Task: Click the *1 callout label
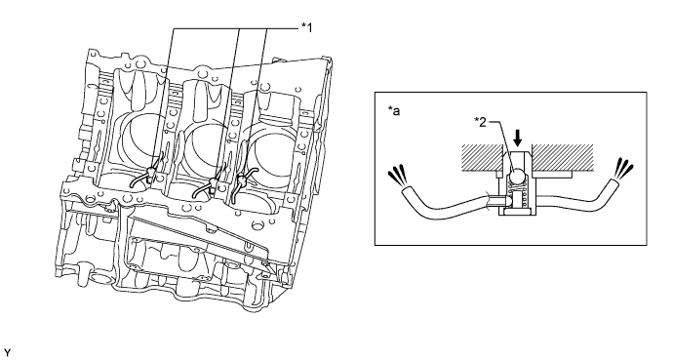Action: tap(307, 28)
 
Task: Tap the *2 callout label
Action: tap(480, 122)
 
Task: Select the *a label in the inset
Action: tap(394, 111)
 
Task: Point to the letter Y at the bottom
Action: tap(6, 353)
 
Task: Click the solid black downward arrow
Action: tap(518, 138)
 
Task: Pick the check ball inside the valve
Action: tap(516, 176)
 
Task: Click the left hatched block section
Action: tap(482, 157)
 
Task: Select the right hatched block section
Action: tap(562, 157)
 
